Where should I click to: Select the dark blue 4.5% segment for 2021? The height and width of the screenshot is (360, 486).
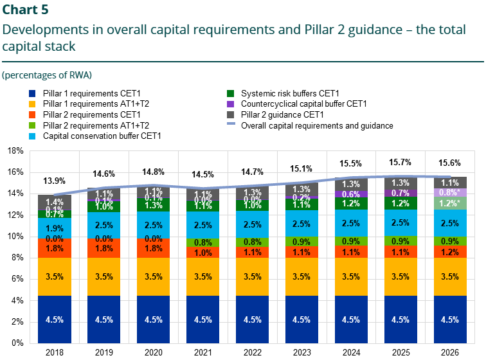203,319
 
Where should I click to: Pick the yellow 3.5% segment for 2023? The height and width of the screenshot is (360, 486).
301,277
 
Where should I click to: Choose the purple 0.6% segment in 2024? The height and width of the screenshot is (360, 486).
350,194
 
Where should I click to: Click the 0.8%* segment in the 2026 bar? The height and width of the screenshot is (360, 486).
449,192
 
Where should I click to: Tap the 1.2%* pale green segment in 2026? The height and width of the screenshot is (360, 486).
449,203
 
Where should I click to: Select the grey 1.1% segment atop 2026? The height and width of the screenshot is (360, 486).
449,182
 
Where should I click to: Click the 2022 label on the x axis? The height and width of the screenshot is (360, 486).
252,352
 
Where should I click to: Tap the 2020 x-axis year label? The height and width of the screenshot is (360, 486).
154,352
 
